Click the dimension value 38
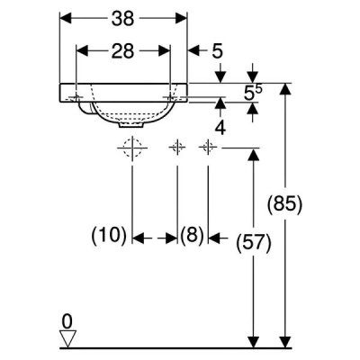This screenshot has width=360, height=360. [122, 19]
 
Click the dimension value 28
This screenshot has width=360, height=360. [122, 51]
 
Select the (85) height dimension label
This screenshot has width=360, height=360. [284, 205]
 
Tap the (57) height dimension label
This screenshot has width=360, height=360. [254, 243]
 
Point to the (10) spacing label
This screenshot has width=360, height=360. [109, 236]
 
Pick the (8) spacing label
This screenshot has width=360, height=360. [193, 235]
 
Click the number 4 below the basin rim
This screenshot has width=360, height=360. [220, 128]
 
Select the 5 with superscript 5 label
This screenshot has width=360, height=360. [253, 94]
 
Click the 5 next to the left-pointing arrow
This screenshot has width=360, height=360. [218, 51]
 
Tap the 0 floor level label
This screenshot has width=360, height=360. [67, 321]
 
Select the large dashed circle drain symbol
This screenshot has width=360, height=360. [132, 148]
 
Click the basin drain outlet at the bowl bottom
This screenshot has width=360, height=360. [130, 125]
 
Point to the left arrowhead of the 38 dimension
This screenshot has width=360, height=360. [66, 19]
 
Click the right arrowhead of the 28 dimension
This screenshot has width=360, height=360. [165, 50]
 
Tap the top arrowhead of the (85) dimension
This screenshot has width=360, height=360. [285, 89]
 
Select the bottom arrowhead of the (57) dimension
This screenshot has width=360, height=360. [254, 342]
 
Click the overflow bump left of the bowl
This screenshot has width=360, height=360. [85, 108]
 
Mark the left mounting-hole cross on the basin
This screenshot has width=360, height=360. [76, 97]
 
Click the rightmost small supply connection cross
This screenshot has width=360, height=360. [208, 148]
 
